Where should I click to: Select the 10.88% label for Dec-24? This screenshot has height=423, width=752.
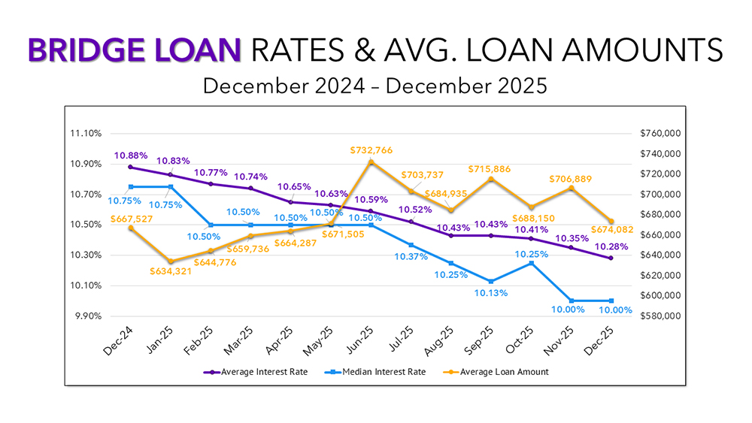coord(131,156)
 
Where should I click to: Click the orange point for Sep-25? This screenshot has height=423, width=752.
coord(491,179)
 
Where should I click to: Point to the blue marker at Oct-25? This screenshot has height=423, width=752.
coord(532,263)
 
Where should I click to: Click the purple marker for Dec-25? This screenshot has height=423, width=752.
coord(611,258)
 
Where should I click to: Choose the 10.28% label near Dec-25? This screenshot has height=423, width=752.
coord(610,247)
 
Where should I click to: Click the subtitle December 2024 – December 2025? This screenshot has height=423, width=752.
coord(375,86)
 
